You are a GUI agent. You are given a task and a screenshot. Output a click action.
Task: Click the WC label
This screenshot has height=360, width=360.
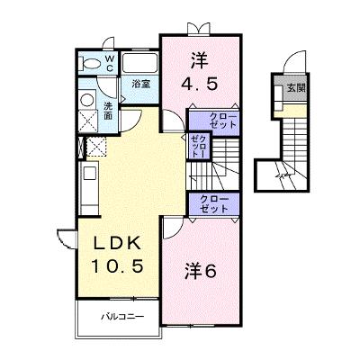110,63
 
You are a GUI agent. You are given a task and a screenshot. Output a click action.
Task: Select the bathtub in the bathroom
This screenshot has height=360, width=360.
140,63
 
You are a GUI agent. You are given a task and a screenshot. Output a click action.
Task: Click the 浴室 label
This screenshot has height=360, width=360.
141,85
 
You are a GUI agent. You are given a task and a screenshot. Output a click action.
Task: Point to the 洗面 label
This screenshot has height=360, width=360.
108,111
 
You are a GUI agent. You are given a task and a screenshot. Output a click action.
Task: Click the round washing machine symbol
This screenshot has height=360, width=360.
87,100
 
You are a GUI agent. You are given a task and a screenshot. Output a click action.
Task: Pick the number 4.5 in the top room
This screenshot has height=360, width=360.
199,85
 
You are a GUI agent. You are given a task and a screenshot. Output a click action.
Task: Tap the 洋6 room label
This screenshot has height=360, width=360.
200,272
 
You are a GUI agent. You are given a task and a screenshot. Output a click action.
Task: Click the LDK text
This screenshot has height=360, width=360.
118,243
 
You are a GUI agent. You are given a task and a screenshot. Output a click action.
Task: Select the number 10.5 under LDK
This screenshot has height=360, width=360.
117,266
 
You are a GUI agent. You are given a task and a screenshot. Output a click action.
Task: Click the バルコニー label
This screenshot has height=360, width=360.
122,317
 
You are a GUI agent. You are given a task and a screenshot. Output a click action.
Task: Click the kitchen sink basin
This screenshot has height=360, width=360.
90,174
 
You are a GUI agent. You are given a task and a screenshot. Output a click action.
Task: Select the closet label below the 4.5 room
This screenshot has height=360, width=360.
222,121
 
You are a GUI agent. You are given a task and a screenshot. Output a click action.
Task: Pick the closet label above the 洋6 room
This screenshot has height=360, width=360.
214,204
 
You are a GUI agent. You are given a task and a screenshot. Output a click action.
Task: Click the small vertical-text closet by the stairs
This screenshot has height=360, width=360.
198,147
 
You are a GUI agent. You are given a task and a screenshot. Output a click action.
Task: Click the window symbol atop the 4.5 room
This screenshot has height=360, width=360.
197,29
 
